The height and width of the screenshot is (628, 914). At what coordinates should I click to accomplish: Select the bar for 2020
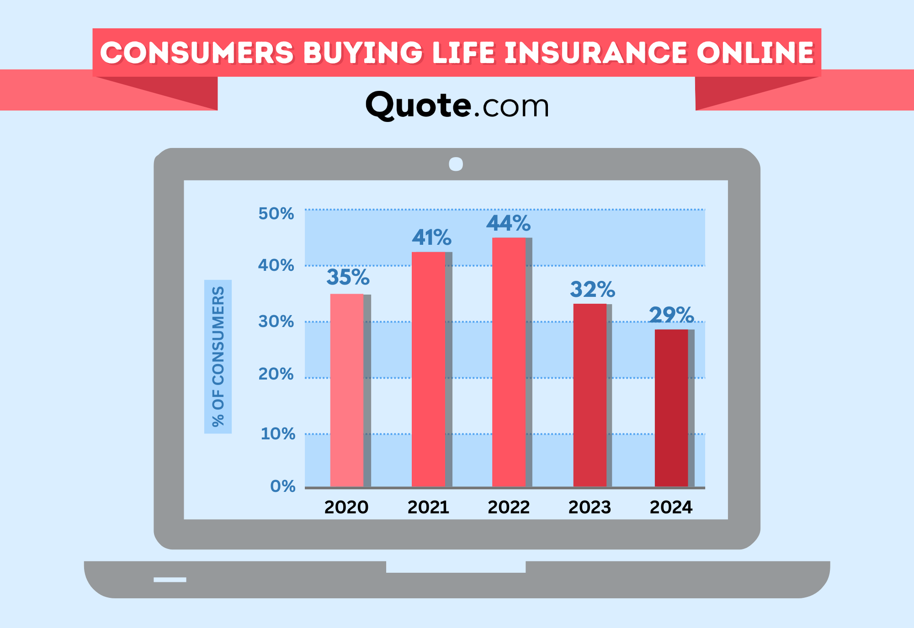pos(347,391)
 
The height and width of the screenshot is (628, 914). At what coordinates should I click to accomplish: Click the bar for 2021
pos(428,369)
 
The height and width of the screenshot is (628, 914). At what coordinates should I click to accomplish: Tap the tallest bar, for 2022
pos(509,362)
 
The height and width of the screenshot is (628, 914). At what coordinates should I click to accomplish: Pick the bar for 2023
pos(590,396)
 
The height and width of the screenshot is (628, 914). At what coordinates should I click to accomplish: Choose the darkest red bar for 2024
pos(671,408)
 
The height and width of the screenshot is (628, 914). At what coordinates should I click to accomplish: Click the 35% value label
pos(348,277)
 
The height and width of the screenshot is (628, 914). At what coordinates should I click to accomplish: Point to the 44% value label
pos(509,223)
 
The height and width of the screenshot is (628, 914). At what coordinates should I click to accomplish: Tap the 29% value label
pos(671,315)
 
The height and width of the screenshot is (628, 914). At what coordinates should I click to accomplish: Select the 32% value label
pos(592,289)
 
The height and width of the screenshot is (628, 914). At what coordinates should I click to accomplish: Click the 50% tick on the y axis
pos(276,214)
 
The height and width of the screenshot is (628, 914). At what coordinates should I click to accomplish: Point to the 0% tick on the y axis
pos(283,486)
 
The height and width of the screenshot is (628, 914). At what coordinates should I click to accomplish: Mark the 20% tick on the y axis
pos(276,374)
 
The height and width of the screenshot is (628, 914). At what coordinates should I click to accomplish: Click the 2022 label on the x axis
pos(509,507)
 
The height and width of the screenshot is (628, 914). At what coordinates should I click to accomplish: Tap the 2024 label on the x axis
pos(671,507)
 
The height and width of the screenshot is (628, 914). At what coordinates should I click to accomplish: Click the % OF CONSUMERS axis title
pos(218,357)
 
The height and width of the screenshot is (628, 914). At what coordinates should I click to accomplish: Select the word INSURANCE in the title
pos(596,53)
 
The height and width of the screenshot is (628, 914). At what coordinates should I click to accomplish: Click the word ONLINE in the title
pos(755,53)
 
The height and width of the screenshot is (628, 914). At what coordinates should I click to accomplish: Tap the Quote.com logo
pos(457,106)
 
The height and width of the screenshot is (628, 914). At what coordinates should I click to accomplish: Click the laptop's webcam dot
pos(456,164)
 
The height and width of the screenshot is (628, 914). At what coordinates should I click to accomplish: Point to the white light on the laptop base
pos(170,580)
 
